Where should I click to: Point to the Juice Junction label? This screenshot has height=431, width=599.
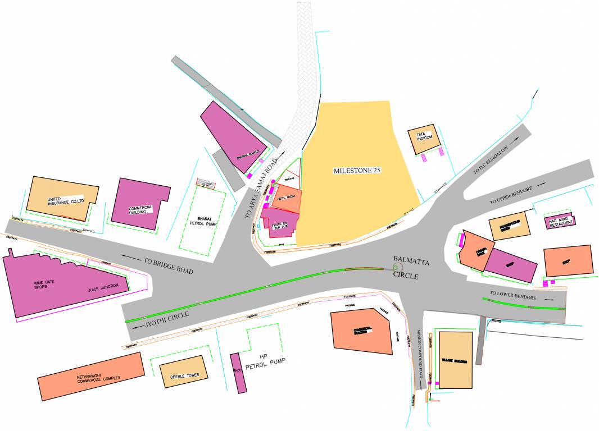103,287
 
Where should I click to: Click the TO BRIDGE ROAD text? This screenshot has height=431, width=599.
168,265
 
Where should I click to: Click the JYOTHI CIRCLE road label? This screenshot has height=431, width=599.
166,318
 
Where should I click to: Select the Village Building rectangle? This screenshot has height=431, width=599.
455,360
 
